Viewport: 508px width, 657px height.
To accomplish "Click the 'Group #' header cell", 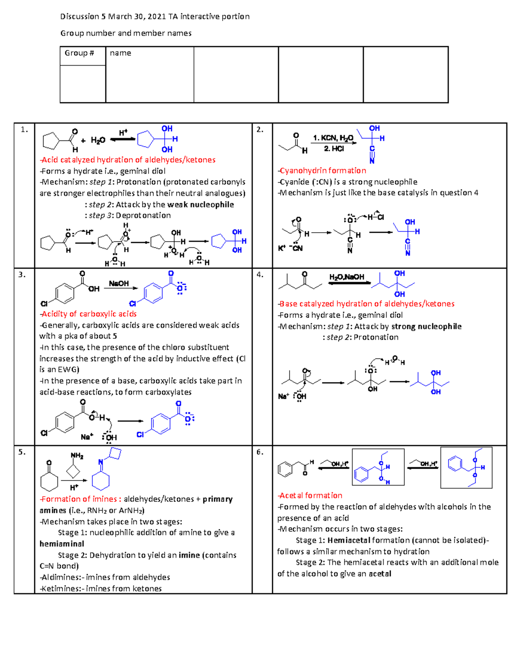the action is point(79,53).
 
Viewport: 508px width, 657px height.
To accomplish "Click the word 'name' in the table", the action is point(120,53).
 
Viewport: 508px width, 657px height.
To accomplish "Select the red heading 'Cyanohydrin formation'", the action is point(323,170).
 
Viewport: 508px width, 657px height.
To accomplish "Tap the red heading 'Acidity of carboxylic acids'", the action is point(89,314).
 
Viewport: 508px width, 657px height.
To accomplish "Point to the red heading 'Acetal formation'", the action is point(311,495).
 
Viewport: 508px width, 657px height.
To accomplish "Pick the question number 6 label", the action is point(260,452).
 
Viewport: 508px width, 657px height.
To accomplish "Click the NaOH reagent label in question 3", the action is point(119,283).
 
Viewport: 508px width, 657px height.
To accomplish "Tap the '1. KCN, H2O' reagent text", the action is point(333,138).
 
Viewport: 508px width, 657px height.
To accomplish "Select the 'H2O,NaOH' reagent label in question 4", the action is point(347,277).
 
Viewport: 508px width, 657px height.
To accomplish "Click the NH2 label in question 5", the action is point(77,456).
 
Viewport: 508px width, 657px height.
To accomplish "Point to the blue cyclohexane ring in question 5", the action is point(101,481).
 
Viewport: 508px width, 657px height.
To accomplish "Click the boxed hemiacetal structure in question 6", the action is point(378,467).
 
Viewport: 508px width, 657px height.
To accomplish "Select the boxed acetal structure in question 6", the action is point(466,467).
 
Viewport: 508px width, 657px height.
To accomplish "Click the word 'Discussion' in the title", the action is point(80,16).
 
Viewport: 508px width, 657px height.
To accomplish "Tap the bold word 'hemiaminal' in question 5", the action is point(62,544).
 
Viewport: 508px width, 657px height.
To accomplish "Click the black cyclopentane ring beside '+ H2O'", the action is point(52,140).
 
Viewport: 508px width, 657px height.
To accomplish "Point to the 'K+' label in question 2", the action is point(282,248).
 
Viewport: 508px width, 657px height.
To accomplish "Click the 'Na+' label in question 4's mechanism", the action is point(283,396).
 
